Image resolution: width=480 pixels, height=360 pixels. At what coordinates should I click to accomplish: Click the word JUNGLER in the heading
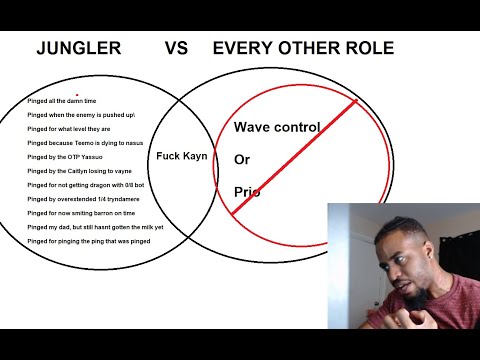click(80, 48)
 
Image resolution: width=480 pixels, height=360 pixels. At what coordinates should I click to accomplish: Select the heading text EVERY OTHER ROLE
click(303, 48)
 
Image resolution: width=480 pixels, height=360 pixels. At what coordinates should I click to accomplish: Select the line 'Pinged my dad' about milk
click(95, 227)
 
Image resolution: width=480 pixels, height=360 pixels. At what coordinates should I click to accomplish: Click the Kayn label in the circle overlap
click(181, 156)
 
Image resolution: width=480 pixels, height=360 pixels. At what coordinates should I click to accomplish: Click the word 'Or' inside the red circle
click(242, 159)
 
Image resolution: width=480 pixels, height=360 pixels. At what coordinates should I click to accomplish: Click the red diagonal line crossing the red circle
click(300, 150)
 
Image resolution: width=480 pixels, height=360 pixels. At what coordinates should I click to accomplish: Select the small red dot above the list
click(77, 94)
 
